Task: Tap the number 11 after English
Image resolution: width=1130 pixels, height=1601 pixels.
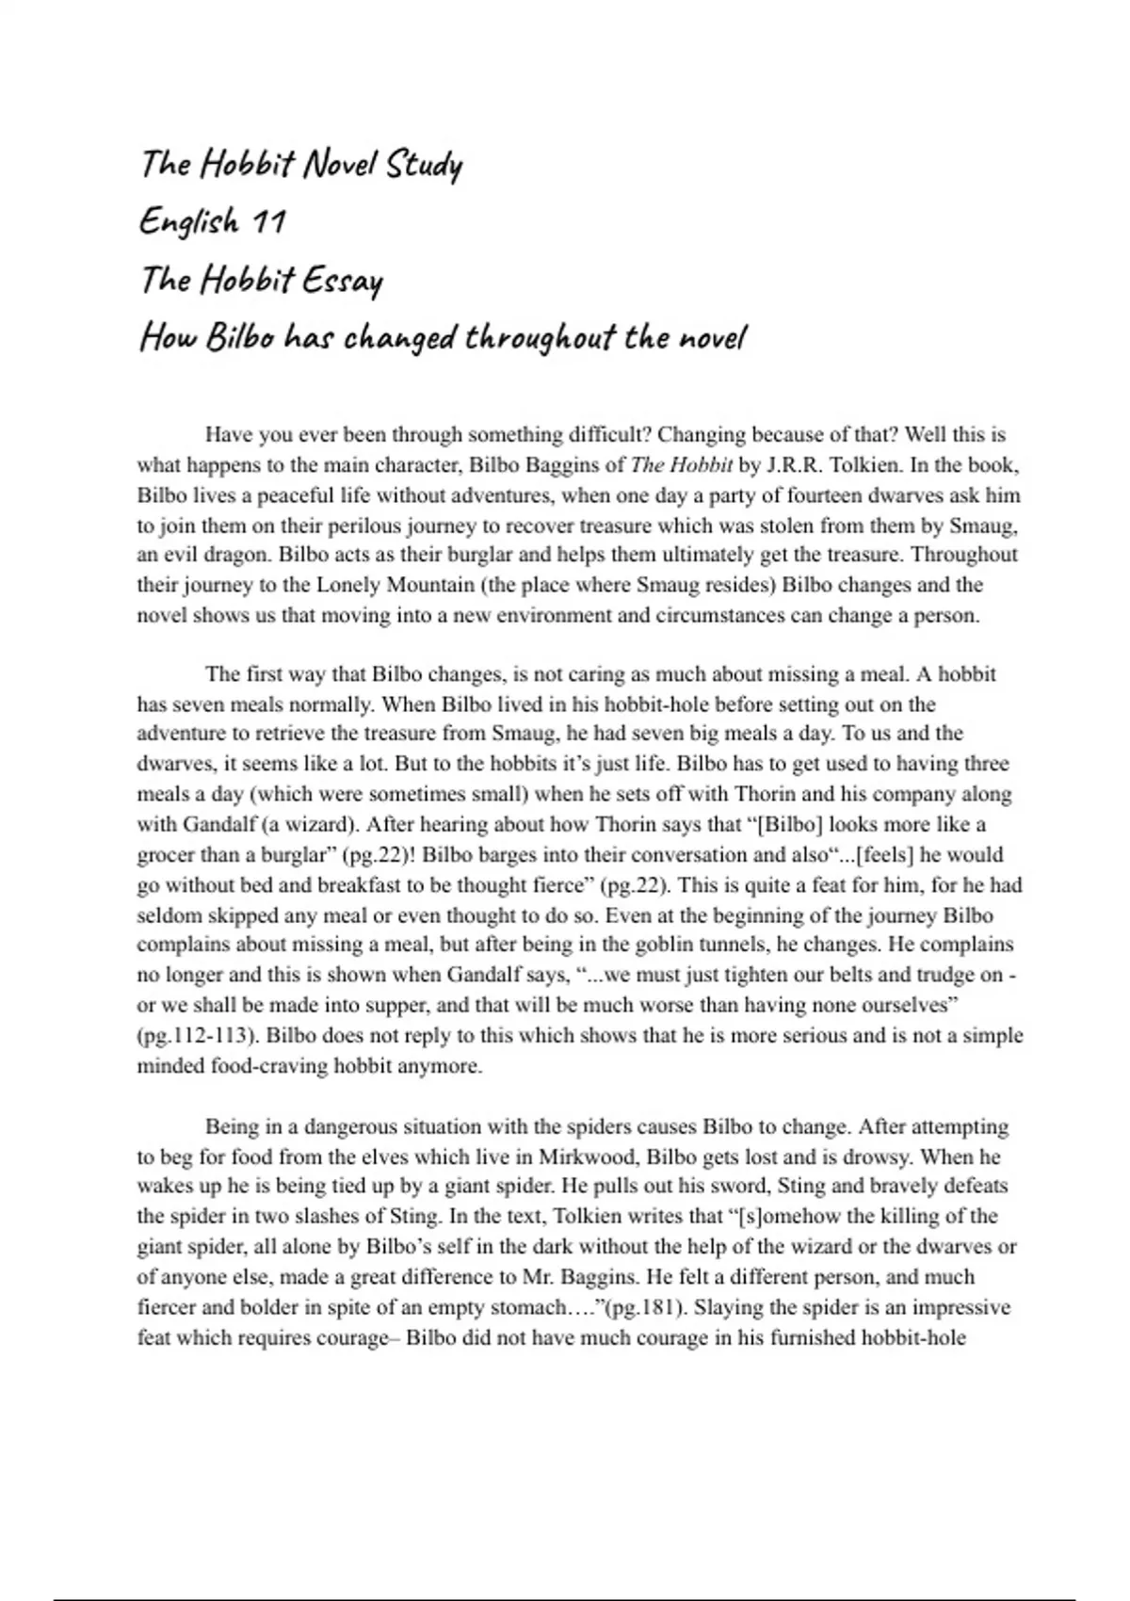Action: coord(267,222)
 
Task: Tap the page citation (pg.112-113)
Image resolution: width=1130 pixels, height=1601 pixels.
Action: coord(197,1036)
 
